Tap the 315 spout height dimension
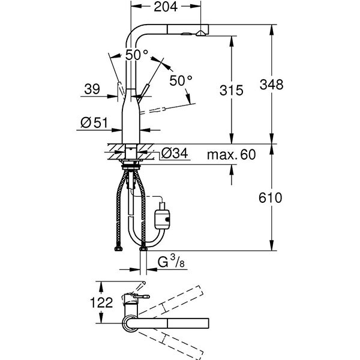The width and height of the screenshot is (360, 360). pyautogui.click(x=231, y=91)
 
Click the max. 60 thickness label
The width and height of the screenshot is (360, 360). pyautogui.click(x=231, y=155)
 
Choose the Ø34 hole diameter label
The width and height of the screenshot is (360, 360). pyautogui.click(x=175, y=154)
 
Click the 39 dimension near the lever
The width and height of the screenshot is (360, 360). pyautogui.click(x=92, y=89)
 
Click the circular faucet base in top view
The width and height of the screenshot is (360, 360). pyautogui.click(x=131, y=324)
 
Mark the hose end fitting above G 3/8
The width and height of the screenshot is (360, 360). pyautogui.click(x=143, y=248)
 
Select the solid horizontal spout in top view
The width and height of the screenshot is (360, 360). pyautogui.click(x=174, y=324)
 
